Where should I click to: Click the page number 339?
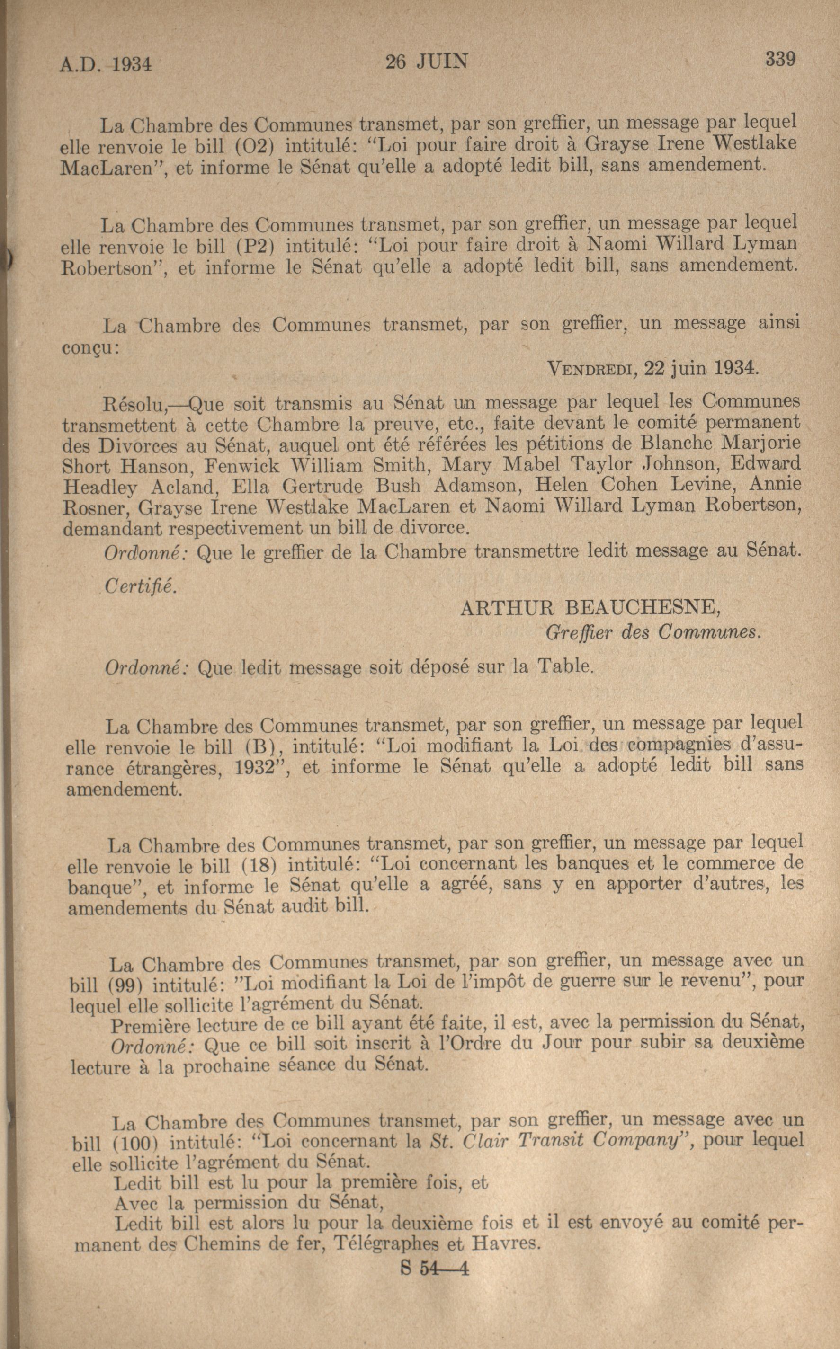coord(780,58)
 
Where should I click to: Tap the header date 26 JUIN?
coord(427,61)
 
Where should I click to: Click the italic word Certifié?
coord(141,587)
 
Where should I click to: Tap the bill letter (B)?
coord(264,747)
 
